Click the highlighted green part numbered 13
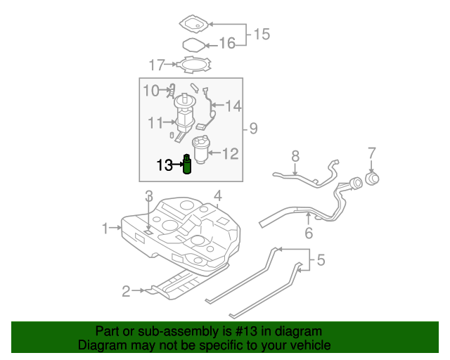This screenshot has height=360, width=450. point(187,164)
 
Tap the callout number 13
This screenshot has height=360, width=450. point(165,165)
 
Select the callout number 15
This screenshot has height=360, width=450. point(262,34)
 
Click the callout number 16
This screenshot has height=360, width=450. point(227,44)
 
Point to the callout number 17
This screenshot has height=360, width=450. point(156,65)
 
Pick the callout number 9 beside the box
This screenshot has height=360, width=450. point(253,128)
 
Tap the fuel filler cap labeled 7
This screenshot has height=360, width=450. point(372,180)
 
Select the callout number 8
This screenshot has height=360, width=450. point(295,155)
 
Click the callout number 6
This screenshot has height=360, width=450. point(308,233)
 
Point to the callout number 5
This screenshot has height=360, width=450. point(321,261)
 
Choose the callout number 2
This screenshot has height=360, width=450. point(127,290)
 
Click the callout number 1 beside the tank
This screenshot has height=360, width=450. point(105,228)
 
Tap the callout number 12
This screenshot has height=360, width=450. point(231,153)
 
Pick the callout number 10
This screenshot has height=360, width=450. point(151,90)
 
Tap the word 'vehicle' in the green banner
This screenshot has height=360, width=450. point(310,345)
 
